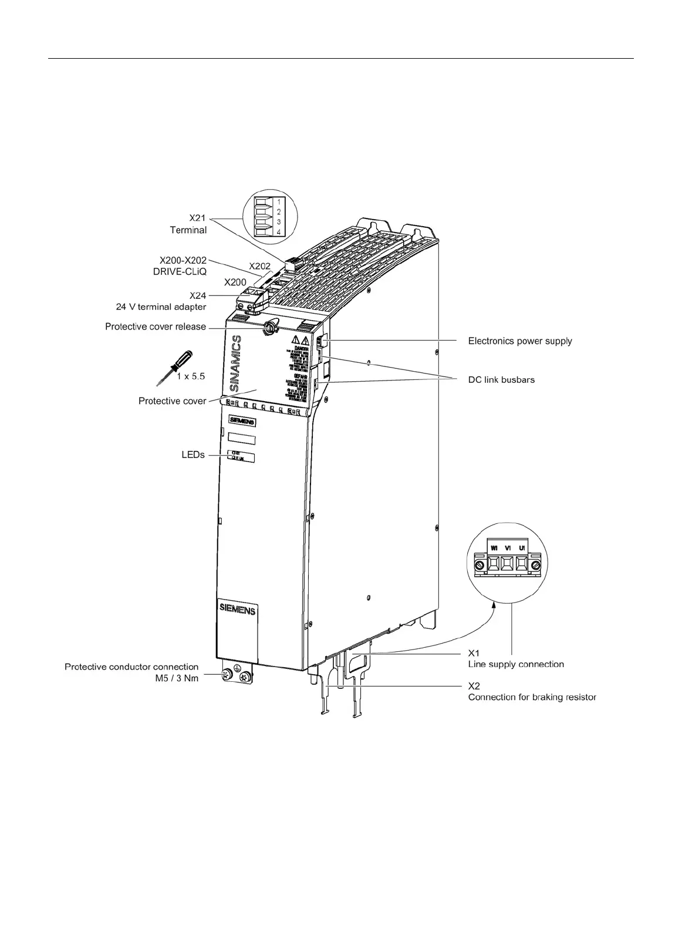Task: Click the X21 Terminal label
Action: [188, 224]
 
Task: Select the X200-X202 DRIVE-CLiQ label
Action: [183, 265]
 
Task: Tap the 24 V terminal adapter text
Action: [160, 307]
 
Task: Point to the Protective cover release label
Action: [156, 327]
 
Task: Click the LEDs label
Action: [193, 455]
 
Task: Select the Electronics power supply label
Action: [519, 341]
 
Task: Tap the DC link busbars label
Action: [501, 379]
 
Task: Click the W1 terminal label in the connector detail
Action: [494, 547]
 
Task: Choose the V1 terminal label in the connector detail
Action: [508, 547]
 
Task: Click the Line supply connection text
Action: [516, 664]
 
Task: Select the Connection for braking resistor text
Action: [532, 697]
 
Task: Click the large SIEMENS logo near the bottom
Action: [237, 610]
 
